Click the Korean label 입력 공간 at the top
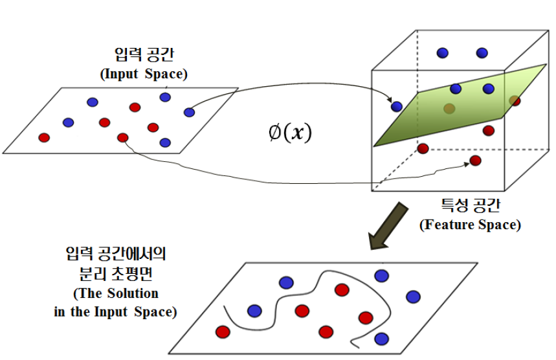[x=143, y=56]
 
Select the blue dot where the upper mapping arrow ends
[x=396, y=106]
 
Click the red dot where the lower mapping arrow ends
[x=475, y=161]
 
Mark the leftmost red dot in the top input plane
[x=44, y=137]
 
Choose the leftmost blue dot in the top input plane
[x=68, y=122]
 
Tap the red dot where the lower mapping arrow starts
[x=122, y=137]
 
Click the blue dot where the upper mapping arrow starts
[x=189, y=112]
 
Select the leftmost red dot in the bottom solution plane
[x=223, y=332]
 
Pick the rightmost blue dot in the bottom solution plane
[x=412, y=297]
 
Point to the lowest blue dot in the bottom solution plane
[x=381, y=339]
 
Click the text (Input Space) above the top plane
[x=144, y=74]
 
